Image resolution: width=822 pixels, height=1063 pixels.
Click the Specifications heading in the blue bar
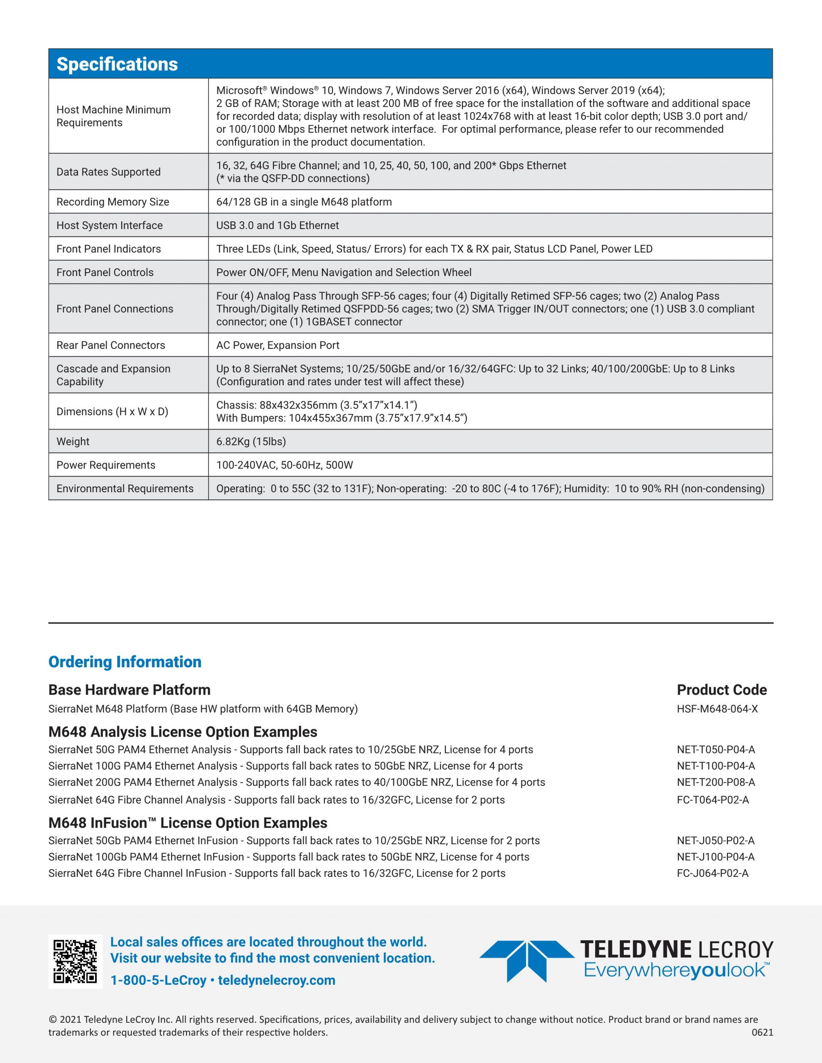117,64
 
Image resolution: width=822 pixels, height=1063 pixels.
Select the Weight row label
73,442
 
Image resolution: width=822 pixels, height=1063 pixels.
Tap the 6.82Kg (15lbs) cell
251,442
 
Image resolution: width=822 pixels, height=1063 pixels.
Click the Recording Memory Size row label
113,202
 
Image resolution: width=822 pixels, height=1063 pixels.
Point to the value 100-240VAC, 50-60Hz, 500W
284,465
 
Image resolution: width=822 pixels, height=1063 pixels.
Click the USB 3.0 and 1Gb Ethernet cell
277,226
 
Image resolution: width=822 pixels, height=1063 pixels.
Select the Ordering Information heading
125,662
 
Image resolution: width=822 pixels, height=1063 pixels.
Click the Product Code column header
722,690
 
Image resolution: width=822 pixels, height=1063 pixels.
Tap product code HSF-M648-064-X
717,709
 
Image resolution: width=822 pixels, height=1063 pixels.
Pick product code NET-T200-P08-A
716,782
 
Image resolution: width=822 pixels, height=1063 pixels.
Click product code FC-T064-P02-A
713,800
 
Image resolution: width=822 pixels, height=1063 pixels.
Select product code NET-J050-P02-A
715,840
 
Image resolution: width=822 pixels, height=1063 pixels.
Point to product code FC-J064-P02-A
712,873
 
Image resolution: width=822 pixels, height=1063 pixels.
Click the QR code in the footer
75,961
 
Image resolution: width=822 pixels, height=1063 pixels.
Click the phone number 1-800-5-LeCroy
158,980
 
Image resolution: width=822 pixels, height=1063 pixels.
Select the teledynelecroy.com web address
277,980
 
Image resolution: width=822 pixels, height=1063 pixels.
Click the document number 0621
762,1032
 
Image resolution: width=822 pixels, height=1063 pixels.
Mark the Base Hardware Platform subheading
130,690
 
